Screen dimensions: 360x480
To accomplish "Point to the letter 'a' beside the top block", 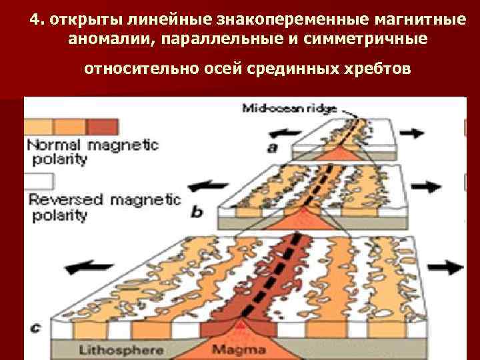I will (273, 147).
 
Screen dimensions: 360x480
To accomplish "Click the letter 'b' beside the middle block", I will (197, 212).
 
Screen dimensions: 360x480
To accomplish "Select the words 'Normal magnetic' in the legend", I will (91, 145).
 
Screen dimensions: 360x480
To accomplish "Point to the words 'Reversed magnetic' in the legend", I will (104, 199).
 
